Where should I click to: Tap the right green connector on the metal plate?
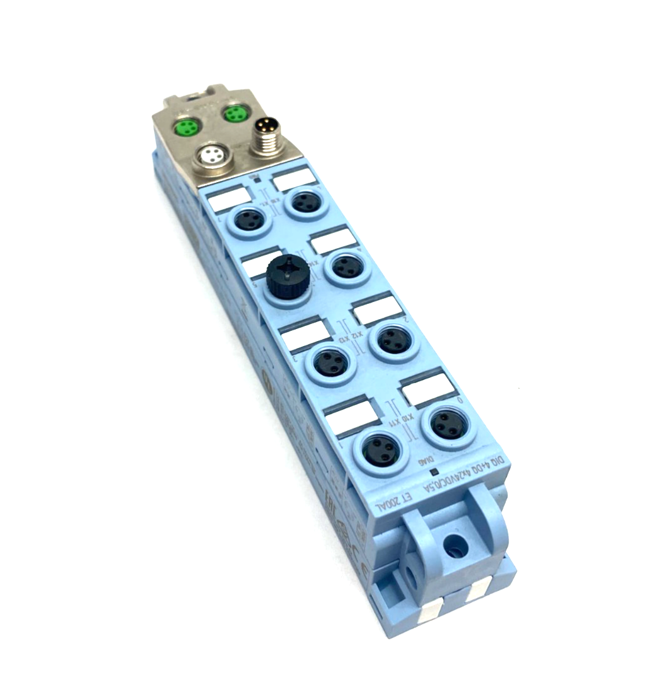point(234,114)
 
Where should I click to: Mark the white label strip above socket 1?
point(351,415)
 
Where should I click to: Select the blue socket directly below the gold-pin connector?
point(304,202)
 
